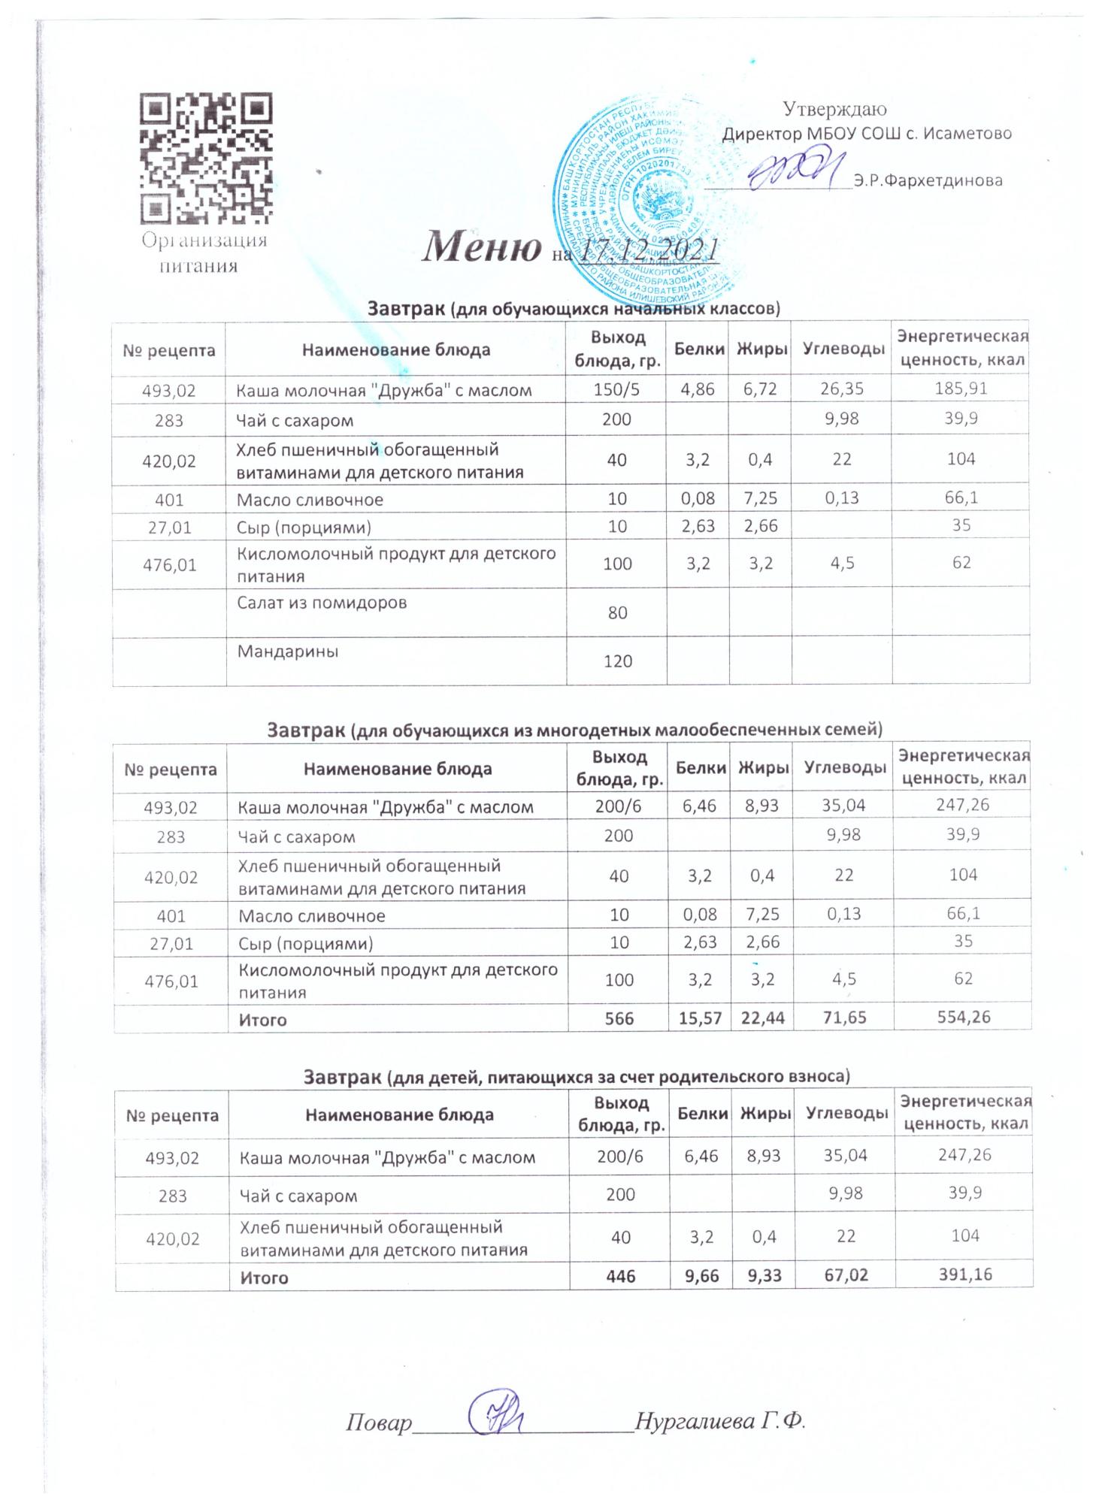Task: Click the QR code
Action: point(206,158)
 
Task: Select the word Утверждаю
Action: point(835,110)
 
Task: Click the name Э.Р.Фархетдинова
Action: point(928,181)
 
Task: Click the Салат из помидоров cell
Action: point(322,602)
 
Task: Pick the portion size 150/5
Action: point(616,389)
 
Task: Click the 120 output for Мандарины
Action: point(617,661)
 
